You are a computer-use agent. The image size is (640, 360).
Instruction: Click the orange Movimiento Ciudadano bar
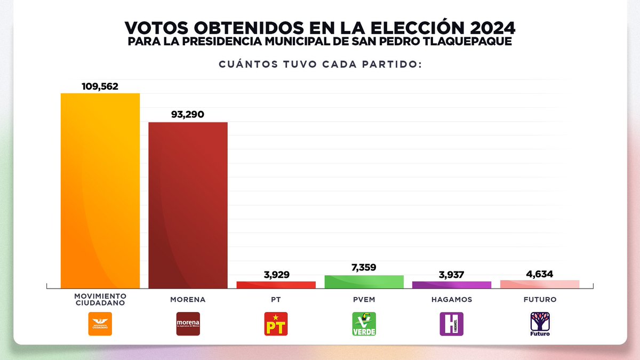point(100,191)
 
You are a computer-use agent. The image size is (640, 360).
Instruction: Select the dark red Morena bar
point(188,205)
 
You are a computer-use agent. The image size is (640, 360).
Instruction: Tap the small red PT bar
point(276,285)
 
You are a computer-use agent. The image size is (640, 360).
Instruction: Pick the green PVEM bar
point(364,282)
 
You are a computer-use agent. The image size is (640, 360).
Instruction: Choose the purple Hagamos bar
point(452,285)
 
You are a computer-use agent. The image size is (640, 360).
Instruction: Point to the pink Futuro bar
point(540,284)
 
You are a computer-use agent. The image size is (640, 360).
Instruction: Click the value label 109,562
point(100,86)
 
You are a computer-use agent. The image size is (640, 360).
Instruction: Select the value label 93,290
point(188,115)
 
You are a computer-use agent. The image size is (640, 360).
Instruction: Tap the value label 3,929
point(276,274)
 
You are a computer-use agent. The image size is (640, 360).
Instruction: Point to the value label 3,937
point(452,274)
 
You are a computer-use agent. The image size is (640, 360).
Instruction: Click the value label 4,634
point(540,274)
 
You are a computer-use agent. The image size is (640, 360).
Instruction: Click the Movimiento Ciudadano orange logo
point(100,324)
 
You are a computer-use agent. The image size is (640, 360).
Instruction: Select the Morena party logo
point(188,324)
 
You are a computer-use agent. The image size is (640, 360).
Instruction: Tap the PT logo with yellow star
point(276,324)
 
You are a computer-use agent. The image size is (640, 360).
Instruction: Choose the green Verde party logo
point(364,324)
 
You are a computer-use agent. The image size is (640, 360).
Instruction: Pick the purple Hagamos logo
point(452,324)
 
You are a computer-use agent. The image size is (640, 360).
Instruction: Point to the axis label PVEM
point(364,300)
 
